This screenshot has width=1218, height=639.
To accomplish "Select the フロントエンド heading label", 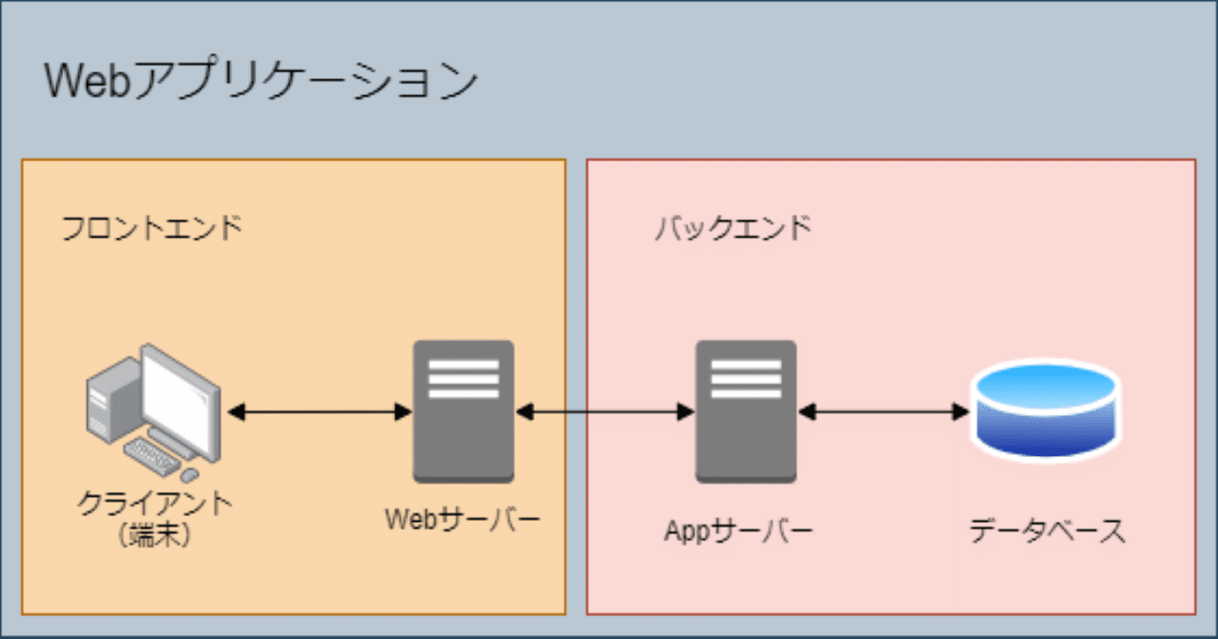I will [x=152, y=230].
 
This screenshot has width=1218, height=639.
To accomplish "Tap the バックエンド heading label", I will [x=734, y=230].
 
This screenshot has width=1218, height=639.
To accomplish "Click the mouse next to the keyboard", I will [x=190, y=473].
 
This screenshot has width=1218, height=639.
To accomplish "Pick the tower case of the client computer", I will [x=107, y=405].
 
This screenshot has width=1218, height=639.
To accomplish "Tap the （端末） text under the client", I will [x=156, y=535].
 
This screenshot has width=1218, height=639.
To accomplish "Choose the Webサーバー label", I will [x=462, y=520].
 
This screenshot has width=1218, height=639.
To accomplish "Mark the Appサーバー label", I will [x=738, y=530].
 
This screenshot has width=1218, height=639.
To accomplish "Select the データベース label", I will [x=1047, y=530].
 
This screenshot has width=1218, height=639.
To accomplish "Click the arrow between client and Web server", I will [x=321, y=412].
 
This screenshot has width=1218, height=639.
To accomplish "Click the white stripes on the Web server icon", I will [x=463, y=378].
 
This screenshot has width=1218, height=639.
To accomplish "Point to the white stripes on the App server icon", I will [x=746, y=378].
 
